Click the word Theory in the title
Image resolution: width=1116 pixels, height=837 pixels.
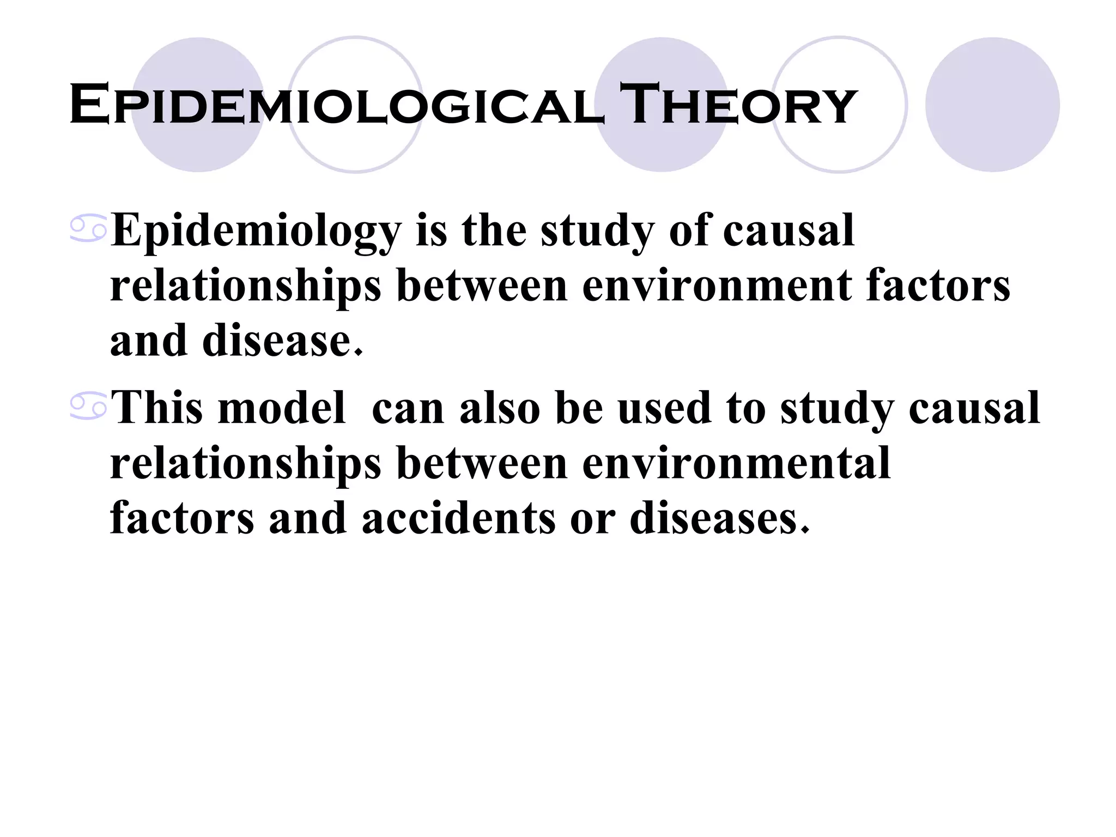[738, 105]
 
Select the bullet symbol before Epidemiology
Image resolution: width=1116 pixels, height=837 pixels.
[88, 229]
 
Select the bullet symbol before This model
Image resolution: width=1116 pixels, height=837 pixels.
[88, 408]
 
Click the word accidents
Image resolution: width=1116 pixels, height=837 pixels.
[459, 518]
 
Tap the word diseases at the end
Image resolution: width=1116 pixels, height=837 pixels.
[719, 518]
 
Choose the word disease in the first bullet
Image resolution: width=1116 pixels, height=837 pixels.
[282, 341]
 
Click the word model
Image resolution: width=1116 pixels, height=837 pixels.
[282, 408]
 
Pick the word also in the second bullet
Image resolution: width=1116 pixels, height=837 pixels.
[500, 408]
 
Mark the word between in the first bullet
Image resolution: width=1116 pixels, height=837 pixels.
[482, 286]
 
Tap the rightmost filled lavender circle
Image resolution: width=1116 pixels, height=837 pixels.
[992, 105]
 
